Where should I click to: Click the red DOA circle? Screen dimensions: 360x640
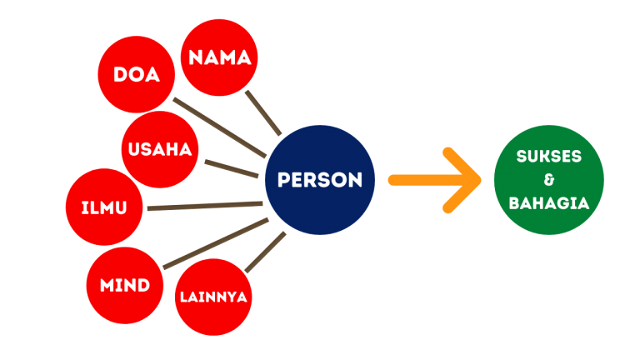tap(137, 75)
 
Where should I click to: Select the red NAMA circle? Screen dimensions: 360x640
tap(219, 57)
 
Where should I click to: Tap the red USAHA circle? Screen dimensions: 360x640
tap(160, 150)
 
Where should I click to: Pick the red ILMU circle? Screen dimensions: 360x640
tap(104, 207)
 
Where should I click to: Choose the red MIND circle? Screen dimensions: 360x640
tap(125, 285)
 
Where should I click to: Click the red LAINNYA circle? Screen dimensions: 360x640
tap(212, 297)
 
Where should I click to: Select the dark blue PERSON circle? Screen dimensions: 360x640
tap(319, 180)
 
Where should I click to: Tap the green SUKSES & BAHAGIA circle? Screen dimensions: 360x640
tap(548, 180)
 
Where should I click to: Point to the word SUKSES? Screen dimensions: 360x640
tap(548, 157)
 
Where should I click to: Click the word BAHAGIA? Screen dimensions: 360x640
tap(548, 202)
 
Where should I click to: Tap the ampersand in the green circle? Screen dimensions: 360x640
tap(548, 180)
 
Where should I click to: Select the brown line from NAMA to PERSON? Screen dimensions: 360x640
tap(263, 112)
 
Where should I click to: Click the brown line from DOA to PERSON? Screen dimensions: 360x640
tap(221, 129)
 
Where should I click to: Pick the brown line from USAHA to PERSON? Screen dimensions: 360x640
tap(232, 167)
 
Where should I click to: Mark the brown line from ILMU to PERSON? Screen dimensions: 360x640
tap(204, 206)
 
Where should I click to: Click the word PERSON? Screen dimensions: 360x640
tap(319, 180)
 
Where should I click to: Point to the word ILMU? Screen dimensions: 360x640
tap(104, 207)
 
